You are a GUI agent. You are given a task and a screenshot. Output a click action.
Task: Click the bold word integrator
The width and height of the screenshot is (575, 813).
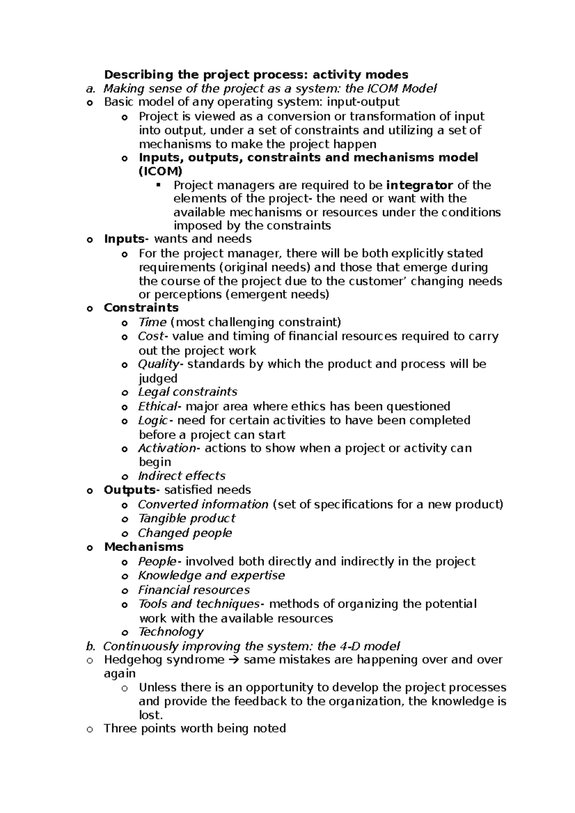419,185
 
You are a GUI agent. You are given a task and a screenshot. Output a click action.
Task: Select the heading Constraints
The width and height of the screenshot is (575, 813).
141,308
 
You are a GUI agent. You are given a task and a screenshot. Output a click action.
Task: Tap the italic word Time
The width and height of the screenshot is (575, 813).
152,322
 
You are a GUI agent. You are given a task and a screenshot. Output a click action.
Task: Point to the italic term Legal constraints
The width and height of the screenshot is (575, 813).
187,392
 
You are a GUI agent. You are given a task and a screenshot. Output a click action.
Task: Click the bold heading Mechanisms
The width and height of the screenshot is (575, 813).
144,547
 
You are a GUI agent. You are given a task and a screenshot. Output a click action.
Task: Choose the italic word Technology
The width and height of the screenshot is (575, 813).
171,632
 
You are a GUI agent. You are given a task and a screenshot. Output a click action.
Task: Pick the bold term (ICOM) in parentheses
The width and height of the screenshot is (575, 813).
161,171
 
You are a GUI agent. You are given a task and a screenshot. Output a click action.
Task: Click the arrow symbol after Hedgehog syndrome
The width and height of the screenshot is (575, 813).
234,660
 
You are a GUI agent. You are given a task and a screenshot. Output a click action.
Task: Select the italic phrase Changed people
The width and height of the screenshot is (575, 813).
184,533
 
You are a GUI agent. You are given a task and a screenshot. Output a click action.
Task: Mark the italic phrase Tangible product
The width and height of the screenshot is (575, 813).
186,519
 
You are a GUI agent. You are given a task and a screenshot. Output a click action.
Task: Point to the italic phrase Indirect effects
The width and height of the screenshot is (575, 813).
182,476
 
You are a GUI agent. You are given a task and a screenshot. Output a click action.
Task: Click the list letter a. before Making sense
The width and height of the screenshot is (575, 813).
90,89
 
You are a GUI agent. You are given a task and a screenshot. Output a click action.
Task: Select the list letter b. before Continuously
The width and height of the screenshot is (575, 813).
90,646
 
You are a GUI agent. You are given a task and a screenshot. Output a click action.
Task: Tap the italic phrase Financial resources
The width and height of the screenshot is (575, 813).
194,590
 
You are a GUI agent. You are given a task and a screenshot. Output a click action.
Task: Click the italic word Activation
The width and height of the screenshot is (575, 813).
166,449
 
